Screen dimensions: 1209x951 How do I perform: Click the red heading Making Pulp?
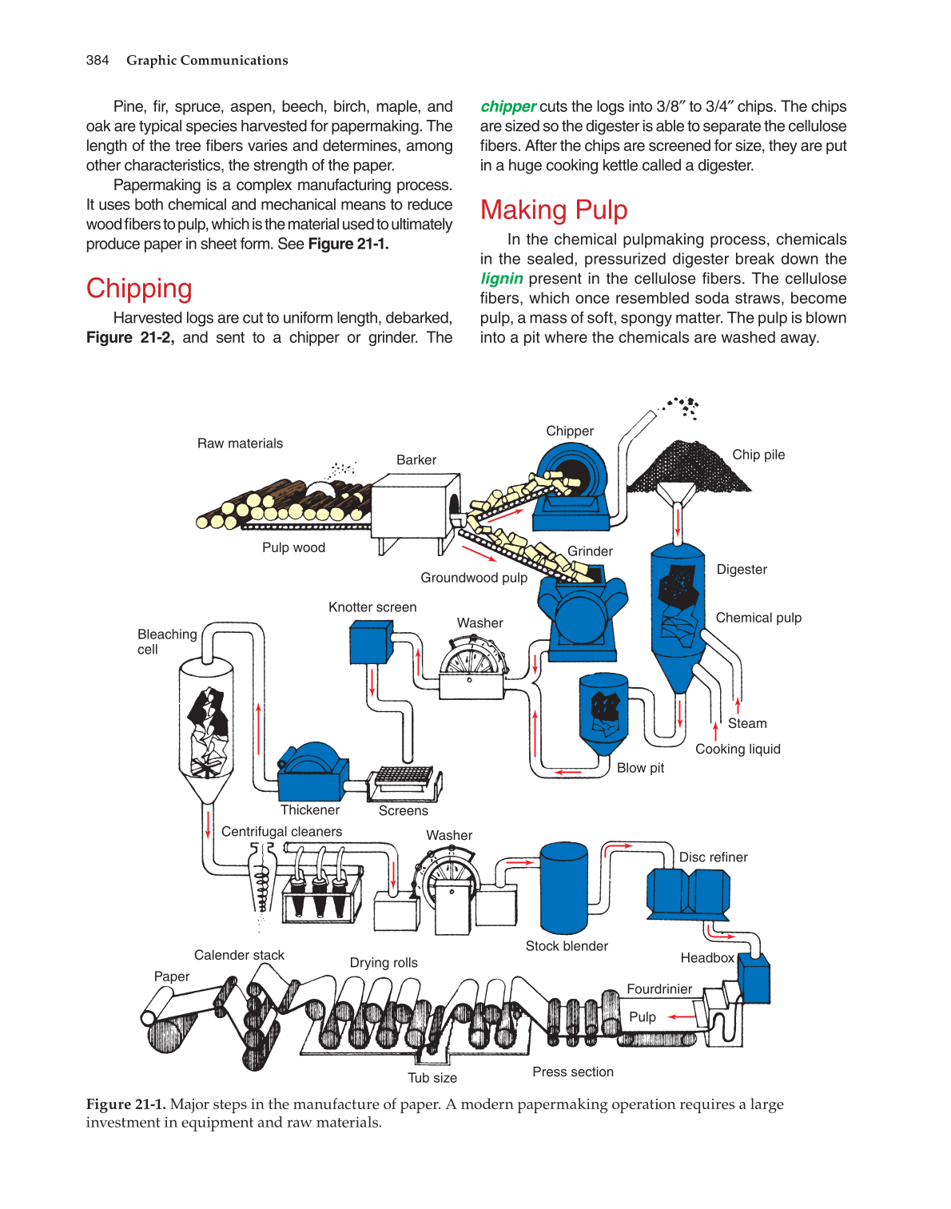[x=554, y=210]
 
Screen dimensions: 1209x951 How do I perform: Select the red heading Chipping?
[x=139, y=288]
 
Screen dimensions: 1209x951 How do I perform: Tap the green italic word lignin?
[x=501, y=279]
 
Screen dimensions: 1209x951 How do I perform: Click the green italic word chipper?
[x=507, y=107]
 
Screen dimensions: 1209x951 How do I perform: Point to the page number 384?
[x=97, y=61]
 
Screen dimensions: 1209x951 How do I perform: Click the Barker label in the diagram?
[x=416, y=460]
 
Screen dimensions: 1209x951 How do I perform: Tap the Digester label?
[x=741, y=570]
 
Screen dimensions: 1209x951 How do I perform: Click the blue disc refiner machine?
[x=687, y=893]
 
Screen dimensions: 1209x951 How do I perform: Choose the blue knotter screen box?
[x=370, y=642]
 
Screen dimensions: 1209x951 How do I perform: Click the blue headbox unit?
[x=754, y=978]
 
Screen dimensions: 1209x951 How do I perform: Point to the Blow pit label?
[x=640, y=768]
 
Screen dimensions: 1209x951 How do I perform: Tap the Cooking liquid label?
[x=738, y=750]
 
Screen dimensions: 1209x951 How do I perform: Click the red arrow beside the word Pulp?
[x=682, y=1017]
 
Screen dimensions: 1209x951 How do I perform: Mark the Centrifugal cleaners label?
[x=281, y=832]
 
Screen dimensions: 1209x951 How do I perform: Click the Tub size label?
[x=432, y=1078]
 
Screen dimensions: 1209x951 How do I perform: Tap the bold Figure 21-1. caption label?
[x=126, y=1104]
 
